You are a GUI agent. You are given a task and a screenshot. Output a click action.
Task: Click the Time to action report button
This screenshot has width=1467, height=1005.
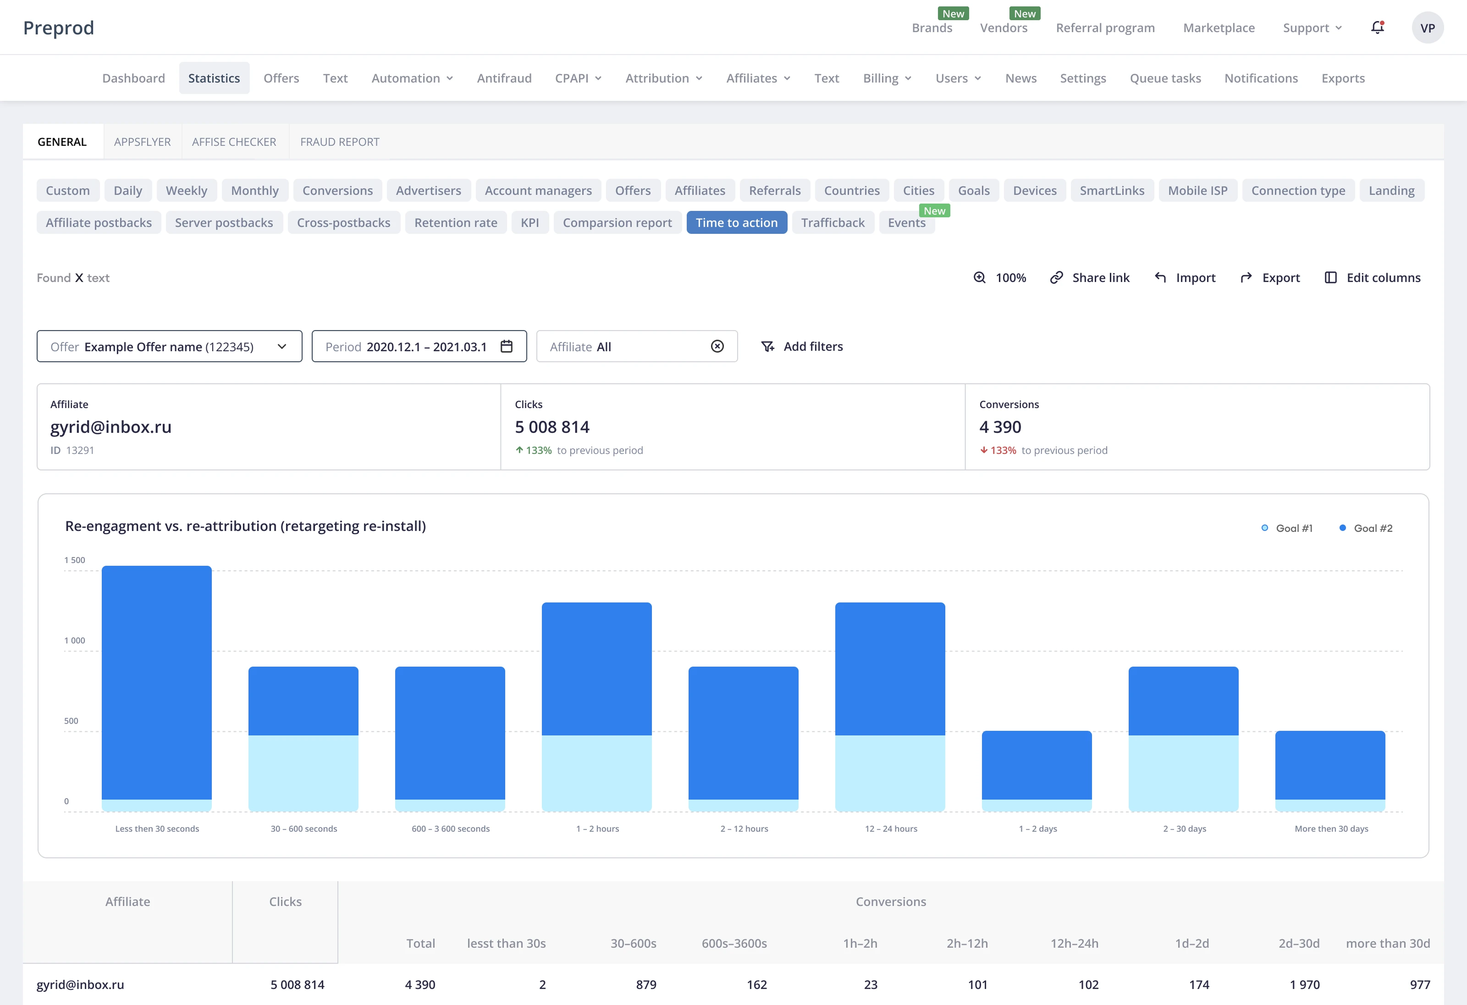pos(737,222)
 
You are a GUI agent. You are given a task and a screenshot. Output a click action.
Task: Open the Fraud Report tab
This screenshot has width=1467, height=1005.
pos(340,142)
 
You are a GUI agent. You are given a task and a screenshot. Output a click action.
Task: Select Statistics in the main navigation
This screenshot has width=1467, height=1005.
pos(214,78)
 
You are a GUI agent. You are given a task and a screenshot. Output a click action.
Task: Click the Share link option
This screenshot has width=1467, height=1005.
pos(1090,278)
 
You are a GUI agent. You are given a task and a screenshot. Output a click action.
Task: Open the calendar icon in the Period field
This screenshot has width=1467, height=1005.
pos(506,346)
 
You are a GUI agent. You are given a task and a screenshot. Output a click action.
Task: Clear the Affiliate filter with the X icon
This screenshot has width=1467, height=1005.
pos(717,346)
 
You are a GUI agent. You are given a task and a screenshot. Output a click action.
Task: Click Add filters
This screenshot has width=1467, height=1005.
pos(802,347)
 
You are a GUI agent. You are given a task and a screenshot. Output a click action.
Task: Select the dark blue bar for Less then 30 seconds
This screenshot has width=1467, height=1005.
pos(156,682)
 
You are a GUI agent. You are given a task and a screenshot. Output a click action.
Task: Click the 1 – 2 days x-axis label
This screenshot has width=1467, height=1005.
pos(1038,829)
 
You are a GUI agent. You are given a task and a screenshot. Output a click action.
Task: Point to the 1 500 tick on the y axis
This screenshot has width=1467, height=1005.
pos(74,560)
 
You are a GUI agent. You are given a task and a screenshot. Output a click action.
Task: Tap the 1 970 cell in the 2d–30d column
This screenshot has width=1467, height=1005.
pos(1305,985)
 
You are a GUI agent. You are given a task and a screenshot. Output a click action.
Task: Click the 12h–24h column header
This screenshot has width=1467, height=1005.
pos(1075,943)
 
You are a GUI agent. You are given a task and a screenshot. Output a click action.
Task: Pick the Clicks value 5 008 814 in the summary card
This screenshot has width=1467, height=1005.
pos(552,427)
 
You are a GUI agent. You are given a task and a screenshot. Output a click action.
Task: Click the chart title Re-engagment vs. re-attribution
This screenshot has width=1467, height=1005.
pos(246,526)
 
